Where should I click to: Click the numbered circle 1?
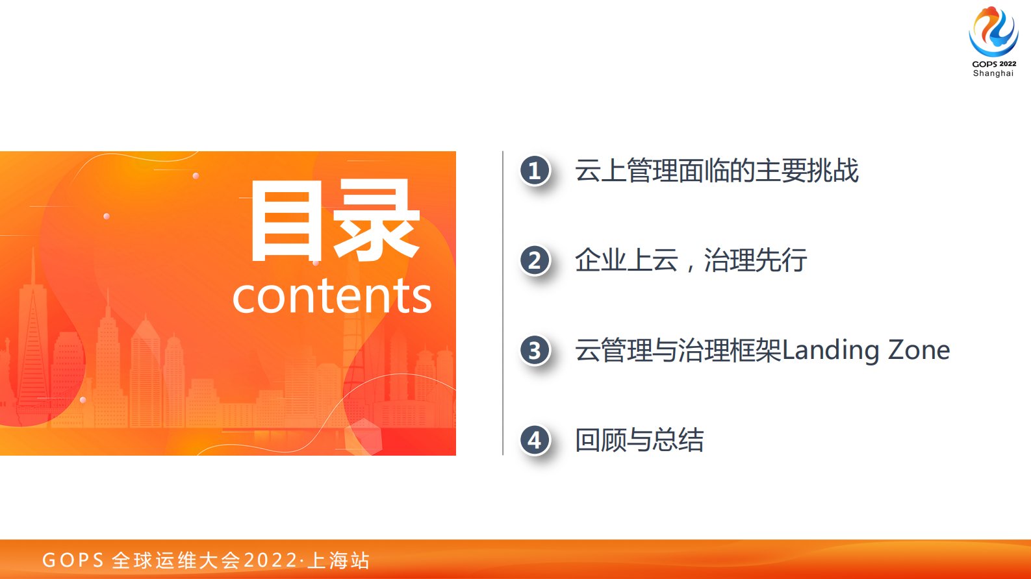(x=535, y=171)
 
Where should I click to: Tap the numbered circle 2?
(x=535, y=260)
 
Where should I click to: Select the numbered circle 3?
(x=535, y=351)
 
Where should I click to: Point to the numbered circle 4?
(x=535, y=440)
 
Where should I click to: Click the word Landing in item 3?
(x=831, y=351)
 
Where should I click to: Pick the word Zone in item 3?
(x=919, y=351)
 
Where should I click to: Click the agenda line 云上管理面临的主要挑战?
(x=717, y=171)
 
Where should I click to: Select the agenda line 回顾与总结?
(x=639, y=440)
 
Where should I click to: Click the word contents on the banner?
(x=332, y=296)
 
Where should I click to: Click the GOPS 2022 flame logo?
(x=993, y=31)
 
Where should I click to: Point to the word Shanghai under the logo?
(x=993, y=73)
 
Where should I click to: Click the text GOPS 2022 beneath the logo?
(x=994, y=64)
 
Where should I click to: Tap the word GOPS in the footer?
(x=73, y=560)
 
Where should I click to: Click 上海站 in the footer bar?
(x=338, y=560)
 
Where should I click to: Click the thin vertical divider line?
(x=503, y=303)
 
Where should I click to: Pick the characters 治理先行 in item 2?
(x=756, y=260)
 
